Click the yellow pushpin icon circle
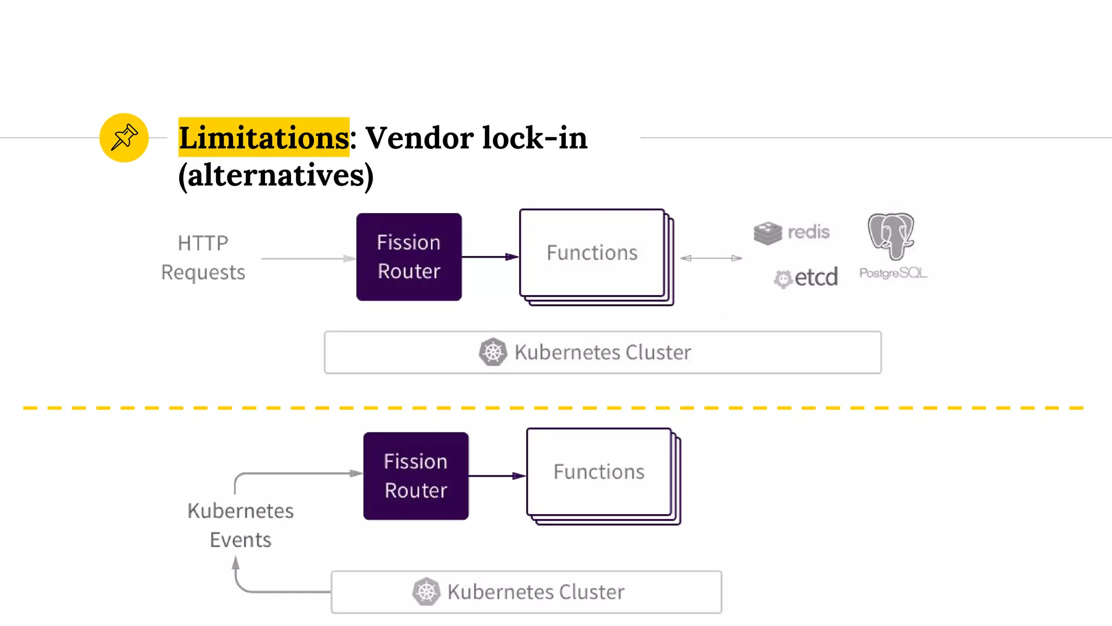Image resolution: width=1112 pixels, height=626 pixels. click(124, 137)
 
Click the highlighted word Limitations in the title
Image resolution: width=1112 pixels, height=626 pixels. click(264, 137)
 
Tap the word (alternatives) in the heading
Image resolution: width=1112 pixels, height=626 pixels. click(276, 175)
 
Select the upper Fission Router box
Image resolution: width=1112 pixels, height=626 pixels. click(409, 257)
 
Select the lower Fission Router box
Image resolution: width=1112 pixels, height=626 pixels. click(416, 476)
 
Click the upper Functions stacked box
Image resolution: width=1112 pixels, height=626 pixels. click(592, 253)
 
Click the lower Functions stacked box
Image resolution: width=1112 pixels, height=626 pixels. click(599, 472)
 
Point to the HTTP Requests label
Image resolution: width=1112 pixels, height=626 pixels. click(203, 258)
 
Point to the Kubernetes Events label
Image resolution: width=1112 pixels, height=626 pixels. click(241, 525)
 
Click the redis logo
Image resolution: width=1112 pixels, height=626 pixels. click(791, 233)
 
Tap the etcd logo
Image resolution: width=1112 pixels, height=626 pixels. click(806, 278)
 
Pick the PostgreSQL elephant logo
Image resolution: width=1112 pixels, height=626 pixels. click(891, 237)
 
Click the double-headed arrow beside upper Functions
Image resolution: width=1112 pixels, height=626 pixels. click(711, 258)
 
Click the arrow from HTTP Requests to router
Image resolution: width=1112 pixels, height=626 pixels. click(307, 259)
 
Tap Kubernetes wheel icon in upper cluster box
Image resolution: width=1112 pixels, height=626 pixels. click(493, 352)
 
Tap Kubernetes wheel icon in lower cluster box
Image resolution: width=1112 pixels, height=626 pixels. click(426, 592)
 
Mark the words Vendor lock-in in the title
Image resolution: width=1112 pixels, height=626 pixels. click(476, 137)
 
